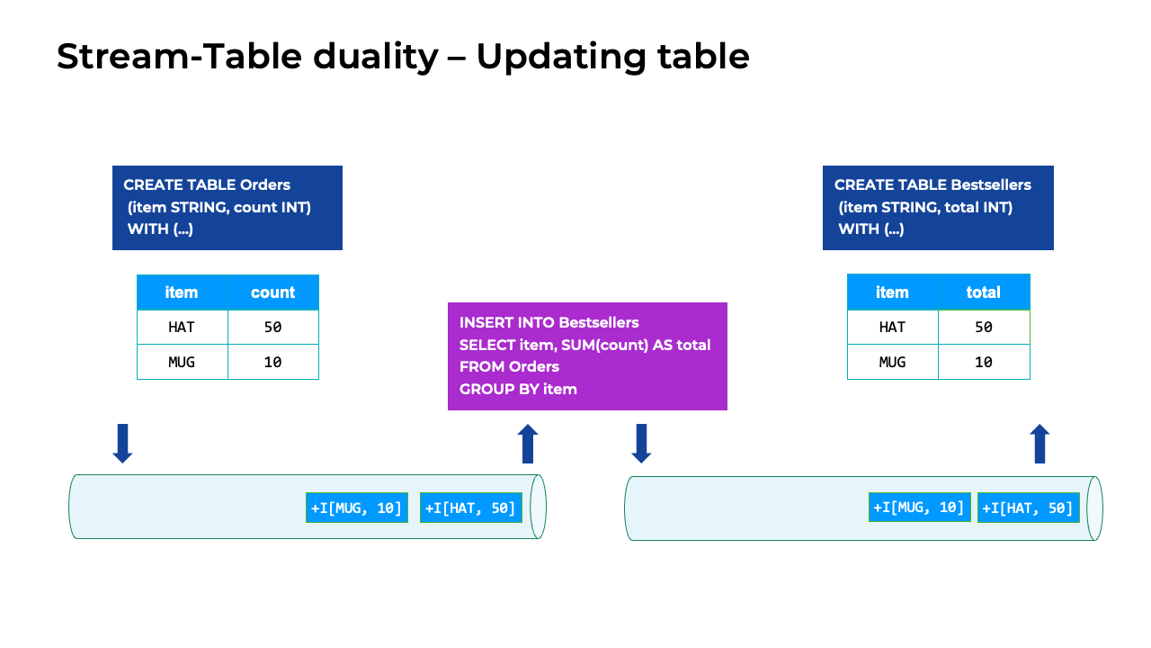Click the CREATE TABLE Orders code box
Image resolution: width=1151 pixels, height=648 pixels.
click(228, 208)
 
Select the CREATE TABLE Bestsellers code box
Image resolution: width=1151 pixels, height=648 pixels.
click(938, 208)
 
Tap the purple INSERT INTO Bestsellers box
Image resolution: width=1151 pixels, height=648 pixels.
click(587, 356)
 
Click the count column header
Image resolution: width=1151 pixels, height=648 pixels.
click(273, 292)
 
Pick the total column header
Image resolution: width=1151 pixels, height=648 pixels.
click(984, 292)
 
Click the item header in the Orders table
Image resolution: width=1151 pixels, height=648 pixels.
click(182, 292)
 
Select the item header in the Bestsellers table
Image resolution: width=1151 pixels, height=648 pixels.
click(892, 292)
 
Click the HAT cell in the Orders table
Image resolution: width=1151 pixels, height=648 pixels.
click(182, 328)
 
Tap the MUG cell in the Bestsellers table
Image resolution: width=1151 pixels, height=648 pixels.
click(892, 362)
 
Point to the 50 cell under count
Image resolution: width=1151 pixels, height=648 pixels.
click(273, 328)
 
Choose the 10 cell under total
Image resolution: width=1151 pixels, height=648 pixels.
click(984, 362)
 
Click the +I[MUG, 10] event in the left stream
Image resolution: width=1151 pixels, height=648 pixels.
click(357, 508)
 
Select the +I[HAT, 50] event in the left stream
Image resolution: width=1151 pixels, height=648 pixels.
click(471, 508)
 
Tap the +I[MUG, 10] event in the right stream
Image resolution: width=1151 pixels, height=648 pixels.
click(920, 507)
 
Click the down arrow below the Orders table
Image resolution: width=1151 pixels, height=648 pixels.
click(123, 444)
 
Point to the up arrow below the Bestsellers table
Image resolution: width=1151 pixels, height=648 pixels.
click(1039, 444)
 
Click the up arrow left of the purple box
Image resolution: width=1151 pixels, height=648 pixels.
click(528, 444)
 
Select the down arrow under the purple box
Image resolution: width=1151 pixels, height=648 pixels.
click(641, 444)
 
